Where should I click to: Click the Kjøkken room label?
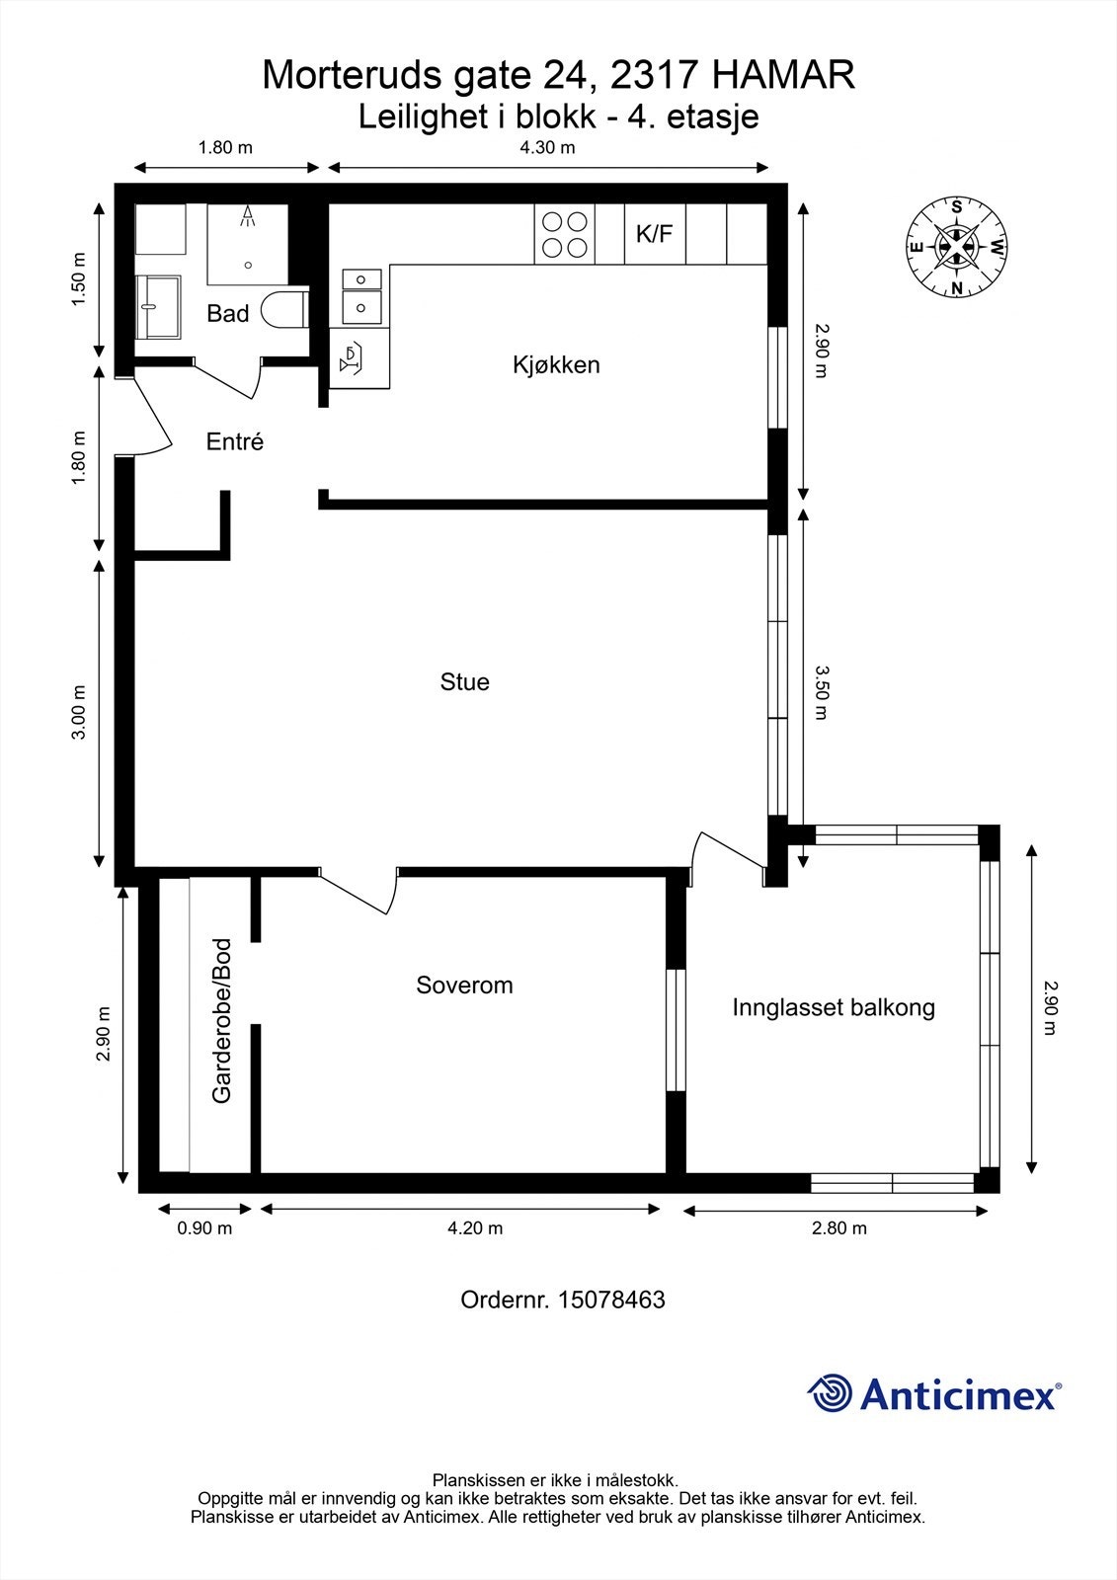[x=556, y=364]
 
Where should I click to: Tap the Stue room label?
[x=464, y=682]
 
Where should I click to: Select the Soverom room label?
[x=464, y=985]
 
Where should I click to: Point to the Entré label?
[x=235, y=441]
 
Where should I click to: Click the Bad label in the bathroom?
[x=227, y=314]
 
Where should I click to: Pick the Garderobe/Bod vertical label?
[x=222, y=1021]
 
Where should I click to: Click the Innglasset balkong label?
[x=834, y=1007]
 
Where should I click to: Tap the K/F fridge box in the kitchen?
[x=654, y=234]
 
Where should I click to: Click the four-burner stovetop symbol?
[x=565, y=234]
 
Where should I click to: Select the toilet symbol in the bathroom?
[x=284, y=310]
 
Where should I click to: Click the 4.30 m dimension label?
[x=547, y=148]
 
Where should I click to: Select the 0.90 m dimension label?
[x=204, y=1228]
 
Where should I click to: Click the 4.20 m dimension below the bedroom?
[x=475, y=1228]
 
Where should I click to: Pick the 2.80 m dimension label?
[x=839, y=1228]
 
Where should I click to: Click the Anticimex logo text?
[x=958, y=1394]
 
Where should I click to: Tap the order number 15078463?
[x=611, y=1300]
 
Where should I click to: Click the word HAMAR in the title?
[x=783, y=75]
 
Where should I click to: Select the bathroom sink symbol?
[x=158, y=306]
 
